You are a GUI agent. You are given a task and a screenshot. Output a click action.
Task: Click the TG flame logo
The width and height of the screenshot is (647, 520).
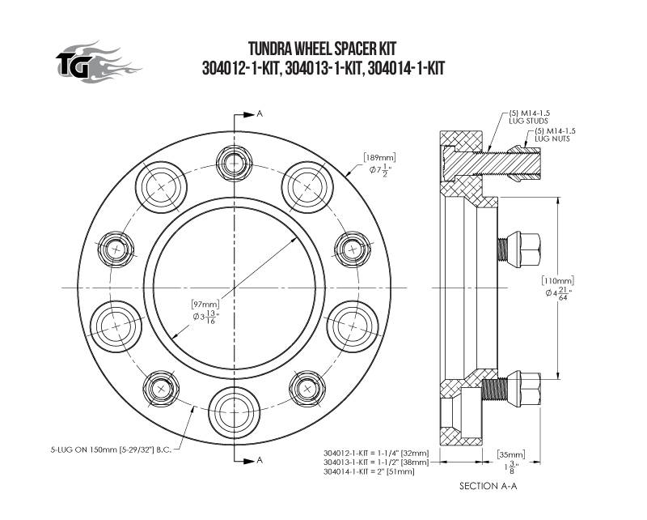tap(98, 62)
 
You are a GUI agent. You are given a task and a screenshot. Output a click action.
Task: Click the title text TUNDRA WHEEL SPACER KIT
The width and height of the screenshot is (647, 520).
tap(322, 49)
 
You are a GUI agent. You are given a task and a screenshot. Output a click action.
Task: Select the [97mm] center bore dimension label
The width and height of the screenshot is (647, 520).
tap(205, 305)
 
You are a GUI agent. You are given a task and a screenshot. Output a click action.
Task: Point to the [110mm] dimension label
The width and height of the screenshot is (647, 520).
tap(558, 281)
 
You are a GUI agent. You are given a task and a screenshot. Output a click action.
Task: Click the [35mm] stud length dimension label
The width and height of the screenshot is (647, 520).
tap(511, 454)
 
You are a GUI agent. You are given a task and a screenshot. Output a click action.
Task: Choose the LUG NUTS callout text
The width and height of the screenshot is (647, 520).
tap(552, 139)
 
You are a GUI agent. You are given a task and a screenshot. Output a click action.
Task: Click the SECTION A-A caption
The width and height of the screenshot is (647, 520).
tap(488, 486)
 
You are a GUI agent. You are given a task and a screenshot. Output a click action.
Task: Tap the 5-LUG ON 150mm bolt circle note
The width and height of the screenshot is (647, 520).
tap(111, 450)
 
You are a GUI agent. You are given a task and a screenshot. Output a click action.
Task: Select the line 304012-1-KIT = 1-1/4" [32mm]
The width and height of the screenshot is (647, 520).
tap(376, 453)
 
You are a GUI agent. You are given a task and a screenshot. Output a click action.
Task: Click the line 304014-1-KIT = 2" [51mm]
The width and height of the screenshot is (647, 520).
tap(370, 471)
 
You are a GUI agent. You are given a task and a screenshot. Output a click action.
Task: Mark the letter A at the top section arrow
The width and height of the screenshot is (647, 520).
tap(260, 114)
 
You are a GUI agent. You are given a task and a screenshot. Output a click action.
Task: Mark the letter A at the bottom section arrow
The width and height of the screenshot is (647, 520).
tap(260, 460)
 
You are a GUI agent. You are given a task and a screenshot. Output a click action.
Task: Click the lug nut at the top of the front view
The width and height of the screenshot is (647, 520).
tap(234, 163)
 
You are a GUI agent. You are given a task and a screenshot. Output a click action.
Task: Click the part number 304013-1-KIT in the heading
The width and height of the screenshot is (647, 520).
tap(323, 68)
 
